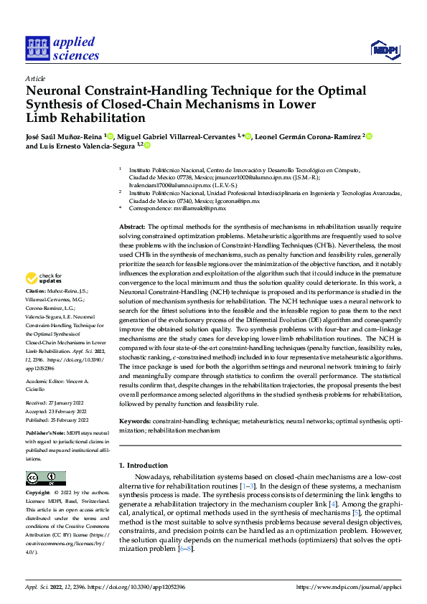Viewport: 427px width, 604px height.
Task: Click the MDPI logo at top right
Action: [x=384, y=49]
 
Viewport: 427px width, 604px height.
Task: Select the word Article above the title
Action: [x=34, y=78]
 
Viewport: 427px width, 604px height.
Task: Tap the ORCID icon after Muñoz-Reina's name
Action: [x=110, y=135]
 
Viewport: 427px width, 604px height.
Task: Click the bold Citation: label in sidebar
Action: [x=35, y=291]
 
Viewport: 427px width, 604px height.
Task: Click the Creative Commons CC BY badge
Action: [x=45, y=478]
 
